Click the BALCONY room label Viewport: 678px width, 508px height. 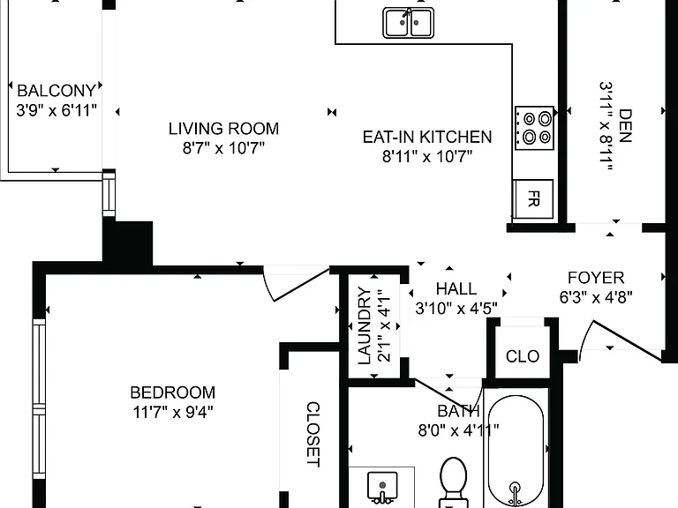(56, 91)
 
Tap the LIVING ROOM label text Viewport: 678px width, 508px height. (223, 129)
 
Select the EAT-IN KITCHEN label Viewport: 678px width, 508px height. (427, 137)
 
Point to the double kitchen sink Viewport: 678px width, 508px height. (408, 22)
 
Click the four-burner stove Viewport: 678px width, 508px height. (534, 128)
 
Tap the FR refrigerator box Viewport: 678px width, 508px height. (533, 199)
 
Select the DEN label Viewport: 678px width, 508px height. (625, 126)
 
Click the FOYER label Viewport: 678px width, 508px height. (596, 277)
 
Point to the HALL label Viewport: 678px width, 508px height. (456, 288)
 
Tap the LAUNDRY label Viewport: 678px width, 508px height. (365, 325)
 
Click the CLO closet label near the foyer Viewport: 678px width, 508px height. (523, 356)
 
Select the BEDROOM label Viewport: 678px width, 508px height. (172, 392)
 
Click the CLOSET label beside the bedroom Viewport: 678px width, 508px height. (313, 434)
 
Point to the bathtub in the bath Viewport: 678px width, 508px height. (516, 451)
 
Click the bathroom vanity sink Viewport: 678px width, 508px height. (382, 487)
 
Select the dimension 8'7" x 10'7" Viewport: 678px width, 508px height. (223, 148)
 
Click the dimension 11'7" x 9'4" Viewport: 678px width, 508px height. (172, 412)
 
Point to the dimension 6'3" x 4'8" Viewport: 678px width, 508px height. (596, 297)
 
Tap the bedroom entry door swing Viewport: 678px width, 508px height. (296, 284)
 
